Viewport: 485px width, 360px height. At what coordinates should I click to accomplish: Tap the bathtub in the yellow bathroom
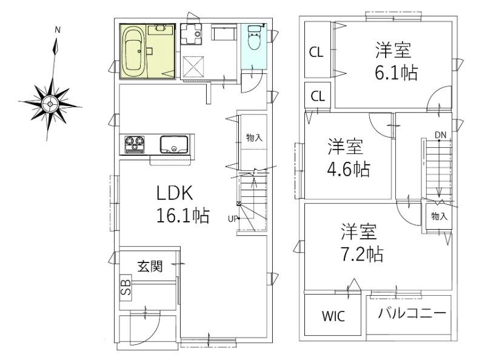pyautogui.click(x=134, y=51)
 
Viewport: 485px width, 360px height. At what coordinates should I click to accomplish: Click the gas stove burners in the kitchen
pyautogui.click(x=135, y=145)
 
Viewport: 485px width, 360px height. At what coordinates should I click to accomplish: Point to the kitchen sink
pyautogui.click(x=175, y=145)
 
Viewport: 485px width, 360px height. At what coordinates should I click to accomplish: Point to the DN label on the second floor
pyautogui.click(x=440, y=135)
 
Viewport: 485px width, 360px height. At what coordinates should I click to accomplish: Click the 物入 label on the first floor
pyautogui.click(x=255, y=138)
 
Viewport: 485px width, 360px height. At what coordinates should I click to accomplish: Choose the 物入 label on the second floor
pyautogui.click(x=440, y=216)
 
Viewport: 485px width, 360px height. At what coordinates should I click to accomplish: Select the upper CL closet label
pyautogui.click(x=316, y=52)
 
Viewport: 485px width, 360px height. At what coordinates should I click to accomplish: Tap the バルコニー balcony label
pyautogui.click(x=412, y=313)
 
